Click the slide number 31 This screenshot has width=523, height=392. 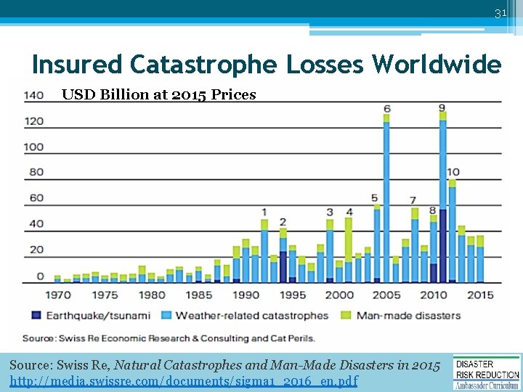pyautogui.click(x=500, y=14)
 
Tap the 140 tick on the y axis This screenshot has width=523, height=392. pyautogui.click(x=33, y=95)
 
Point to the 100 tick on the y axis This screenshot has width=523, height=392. pyautogui.click(x=33, y=147)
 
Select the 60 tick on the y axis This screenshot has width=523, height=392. pyautogui.click(x=36, y=197)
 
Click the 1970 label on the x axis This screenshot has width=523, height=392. pyautogui.click(x=58, y=295)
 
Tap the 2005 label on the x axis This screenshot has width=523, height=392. pyautogui.click(x=386, y=295)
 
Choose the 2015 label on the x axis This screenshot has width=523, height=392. pyautogui.click(x=479, y=295)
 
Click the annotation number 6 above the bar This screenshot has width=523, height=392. pyautogui.click(x=386, y=109)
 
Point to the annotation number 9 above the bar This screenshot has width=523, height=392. pyautogui.click(x=442, y=108)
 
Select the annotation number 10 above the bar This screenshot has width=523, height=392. pyautogui.click(x=453, y=172)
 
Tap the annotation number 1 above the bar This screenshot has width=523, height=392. pyautogui.click(x=264, y=212)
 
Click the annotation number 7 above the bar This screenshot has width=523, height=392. pyautogui.click(x=413, y=200)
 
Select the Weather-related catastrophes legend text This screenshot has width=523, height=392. pyautogui.click(x=252, y=316)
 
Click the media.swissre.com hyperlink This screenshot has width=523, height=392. pyautogui.click(x=184, y=380)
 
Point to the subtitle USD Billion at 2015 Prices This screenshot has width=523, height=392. pyautogui.click(x=158, y=94)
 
